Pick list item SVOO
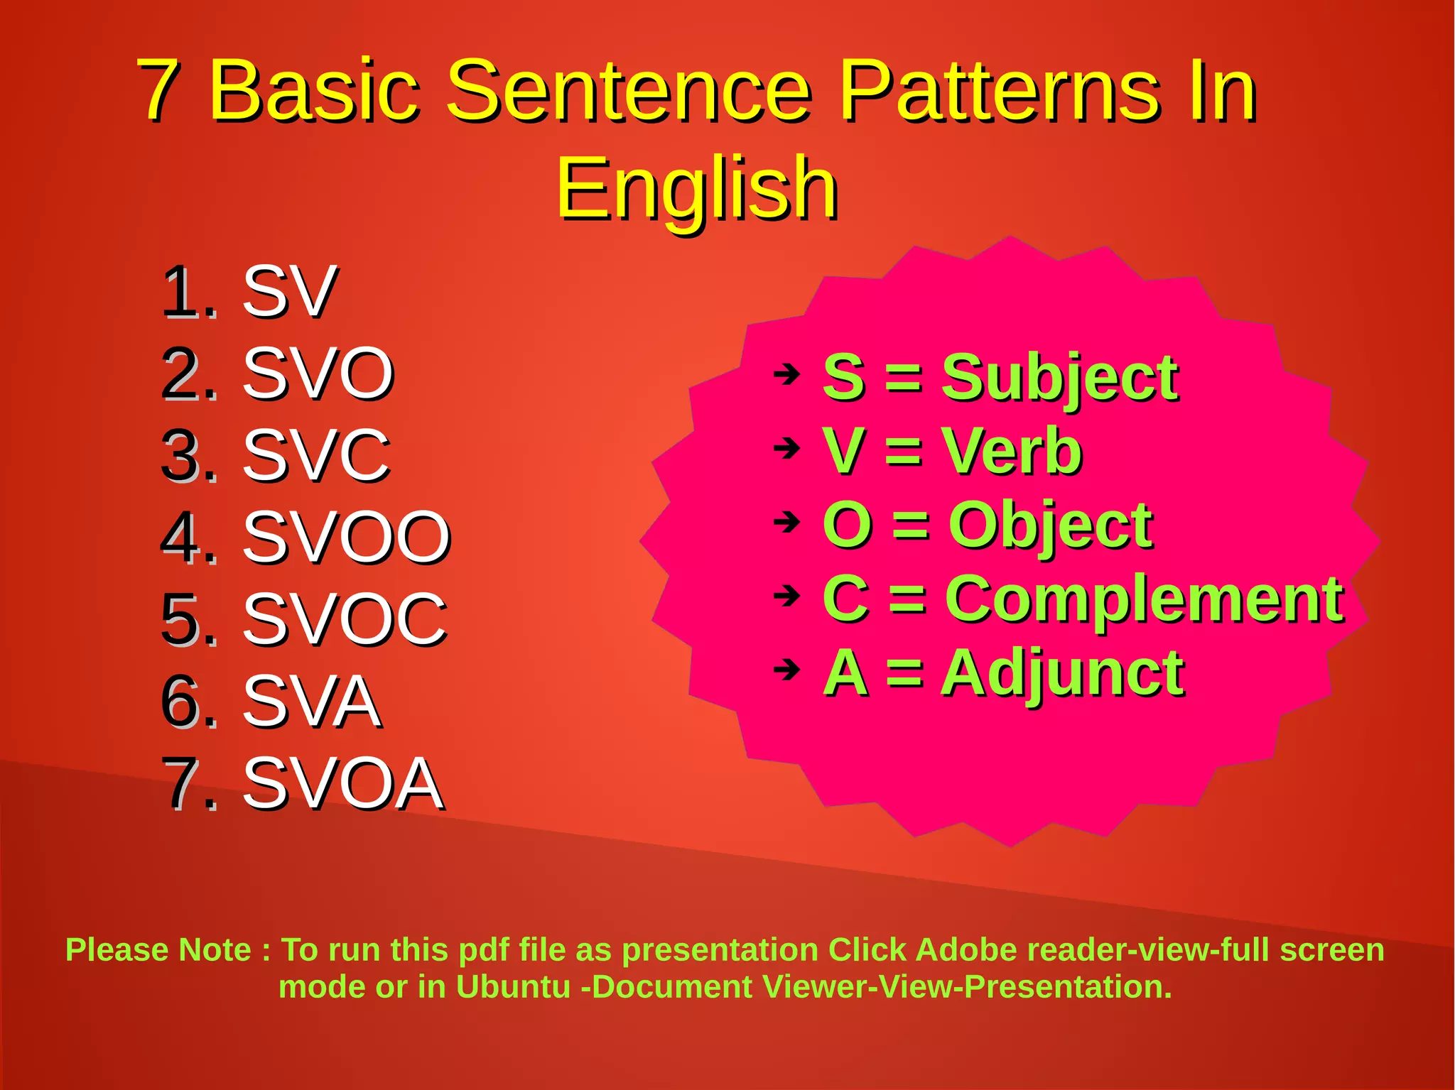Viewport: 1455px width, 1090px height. (346, 538)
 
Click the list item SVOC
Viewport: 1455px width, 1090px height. (345, 619)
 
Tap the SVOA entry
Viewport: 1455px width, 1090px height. (342, 783)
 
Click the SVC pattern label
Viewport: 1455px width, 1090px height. (316, 455)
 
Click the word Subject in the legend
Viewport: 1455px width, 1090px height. (1059, 378)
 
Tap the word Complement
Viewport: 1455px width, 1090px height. (1143, 600)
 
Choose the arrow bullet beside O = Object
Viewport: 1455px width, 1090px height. (786, 523)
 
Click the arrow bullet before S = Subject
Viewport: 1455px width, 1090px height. (786, 374)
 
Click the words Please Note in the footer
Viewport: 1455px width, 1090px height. (158, 950)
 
